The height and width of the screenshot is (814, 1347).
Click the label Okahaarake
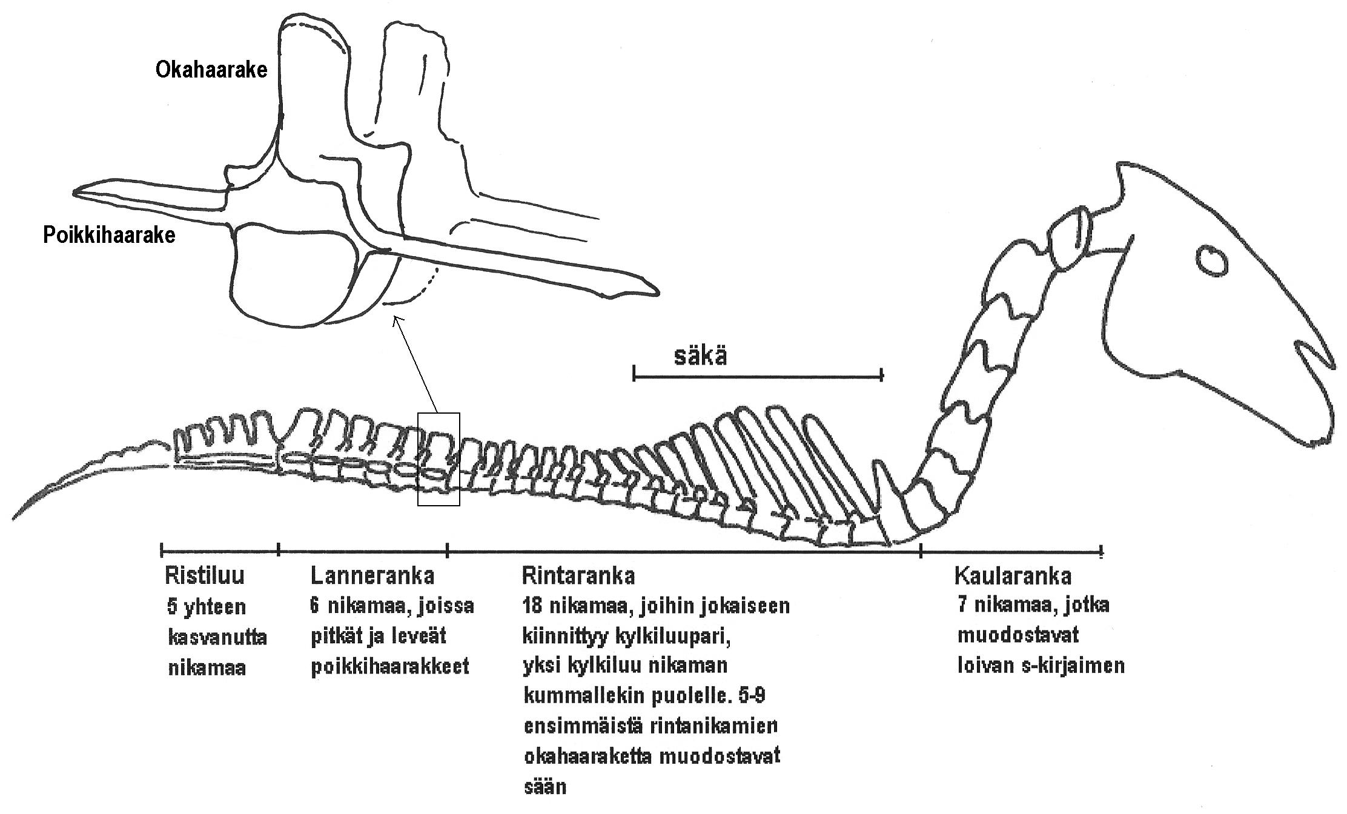pyautogui.click(x=211, y=70)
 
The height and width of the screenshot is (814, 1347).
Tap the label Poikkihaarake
pyautogui.click(x=109, y=235)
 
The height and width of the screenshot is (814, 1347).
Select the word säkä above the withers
pyautogui.click(x=701, y=356)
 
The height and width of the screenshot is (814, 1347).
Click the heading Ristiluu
pyautogui.click(x=204, y=575)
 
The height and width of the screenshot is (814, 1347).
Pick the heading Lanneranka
pyautogui.click(x=372, y=575)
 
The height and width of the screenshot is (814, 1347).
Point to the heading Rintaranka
pyautogui.click(x=578, y=575)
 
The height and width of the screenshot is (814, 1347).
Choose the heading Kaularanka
pyautogui.click(x=1013, y=575)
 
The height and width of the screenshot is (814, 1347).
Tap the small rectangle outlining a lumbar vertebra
pyautogui.click(x=439, y=458)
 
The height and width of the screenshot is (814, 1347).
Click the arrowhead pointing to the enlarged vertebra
pyautogui.click(x=396, y=319)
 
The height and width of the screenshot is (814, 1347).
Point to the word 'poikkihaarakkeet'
pyautogui.click(x=389, y=667)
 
